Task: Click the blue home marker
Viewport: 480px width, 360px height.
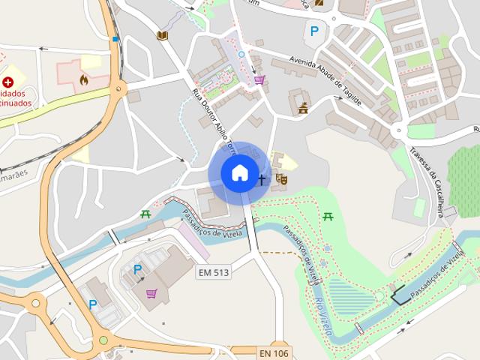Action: pos(239,173)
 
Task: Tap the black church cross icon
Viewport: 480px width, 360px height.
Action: pos(262,179)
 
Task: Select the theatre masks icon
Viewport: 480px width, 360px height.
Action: pos(282,179)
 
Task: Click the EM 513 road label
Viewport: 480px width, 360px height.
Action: pos(213,272)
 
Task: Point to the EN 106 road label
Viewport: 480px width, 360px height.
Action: pos(274,352)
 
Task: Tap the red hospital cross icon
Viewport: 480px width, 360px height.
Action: pos(8,82)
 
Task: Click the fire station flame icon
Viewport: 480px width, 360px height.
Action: pos(83,77)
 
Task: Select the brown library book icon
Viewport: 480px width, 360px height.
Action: pos(162,35)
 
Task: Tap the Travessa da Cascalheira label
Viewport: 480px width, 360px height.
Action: pos(428,173)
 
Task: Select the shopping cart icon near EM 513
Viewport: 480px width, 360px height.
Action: pos(152,292)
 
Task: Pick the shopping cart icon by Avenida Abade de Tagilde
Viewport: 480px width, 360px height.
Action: pos(259,79)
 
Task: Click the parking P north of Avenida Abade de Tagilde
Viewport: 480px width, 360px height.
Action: pos(314,31)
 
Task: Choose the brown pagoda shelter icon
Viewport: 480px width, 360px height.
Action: pos(303,109)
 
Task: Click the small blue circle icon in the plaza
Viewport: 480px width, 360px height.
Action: pos(241,54)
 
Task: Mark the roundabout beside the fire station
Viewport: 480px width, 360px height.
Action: pos(118,90)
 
